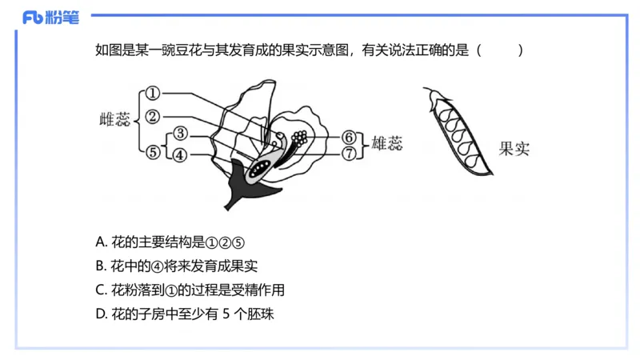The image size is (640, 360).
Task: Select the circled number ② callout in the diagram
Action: click(x=154, y=117)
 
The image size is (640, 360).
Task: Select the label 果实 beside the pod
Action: click(x=514, y=148)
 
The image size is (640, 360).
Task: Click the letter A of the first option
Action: click(x=99, y=242)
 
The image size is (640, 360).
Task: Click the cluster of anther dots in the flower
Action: click(x=300, y=138)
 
